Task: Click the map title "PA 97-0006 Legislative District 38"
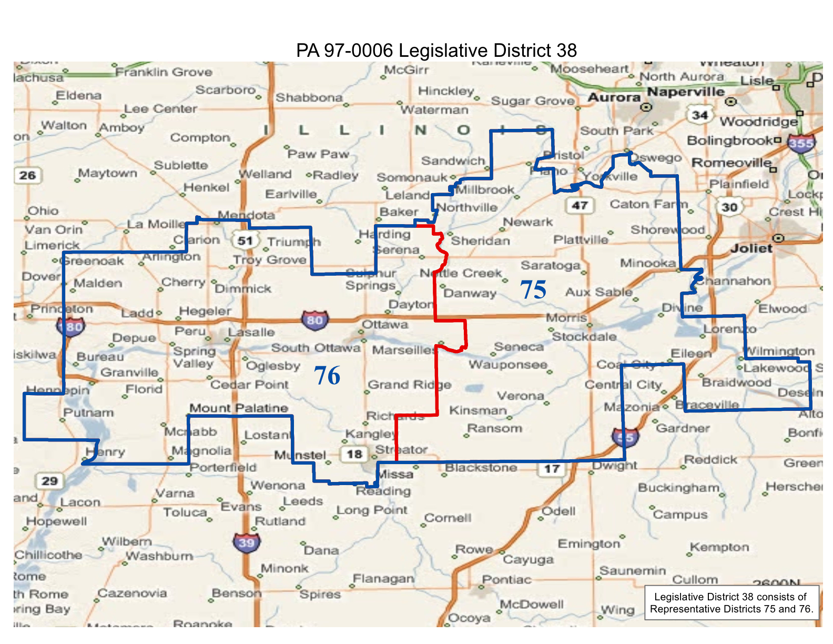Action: pos(436,51)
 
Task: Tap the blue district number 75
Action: pos(533,290)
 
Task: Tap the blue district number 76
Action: pos(327,376)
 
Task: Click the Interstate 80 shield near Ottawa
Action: pos(314,320)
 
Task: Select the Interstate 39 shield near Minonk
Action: pos(246,542)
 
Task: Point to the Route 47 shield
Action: pos(580,205)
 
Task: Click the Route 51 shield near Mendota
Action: pos(245,240)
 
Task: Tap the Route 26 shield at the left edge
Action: pos(27,175)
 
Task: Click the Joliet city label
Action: pos(751,248)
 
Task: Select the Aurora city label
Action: pos(613,97)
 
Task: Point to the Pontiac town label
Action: pos(506,579)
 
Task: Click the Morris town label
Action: pos(566,318)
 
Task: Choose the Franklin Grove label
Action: pos(164,72)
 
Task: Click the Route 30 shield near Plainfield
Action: pos(729,207)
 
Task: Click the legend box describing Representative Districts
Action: pos(731,603)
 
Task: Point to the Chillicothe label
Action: pos(48,555)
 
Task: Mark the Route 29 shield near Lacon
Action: pos(49,480)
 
